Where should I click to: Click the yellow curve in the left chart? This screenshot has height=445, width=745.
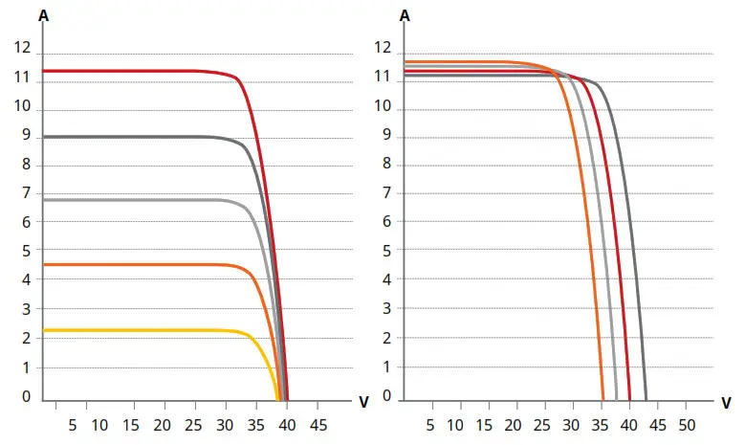[x=143, y=330]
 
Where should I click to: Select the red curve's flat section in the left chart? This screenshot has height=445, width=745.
[x=134, y=71]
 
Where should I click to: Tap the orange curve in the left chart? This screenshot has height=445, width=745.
[x=134, y=264]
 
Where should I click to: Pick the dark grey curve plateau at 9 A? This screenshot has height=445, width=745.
[x=134, y=137]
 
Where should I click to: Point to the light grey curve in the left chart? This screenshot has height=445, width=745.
[x=134, y=200]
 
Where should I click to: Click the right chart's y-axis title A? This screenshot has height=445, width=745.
[x=405, y=15]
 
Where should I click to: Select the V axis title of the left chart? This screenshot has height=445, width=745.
[x=363, y=402]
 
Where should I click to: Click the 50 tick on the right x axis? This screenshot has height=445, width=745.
[x=687, y=422]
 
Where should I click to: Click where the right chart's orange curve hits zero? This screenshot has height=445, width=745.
[x=603, y=398]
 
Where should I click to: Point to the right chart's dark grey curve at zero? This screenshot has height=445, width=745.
[x=646, y=398]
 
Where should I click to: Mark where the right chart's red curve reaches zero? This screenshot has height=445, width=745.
[x=629, y=398]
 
